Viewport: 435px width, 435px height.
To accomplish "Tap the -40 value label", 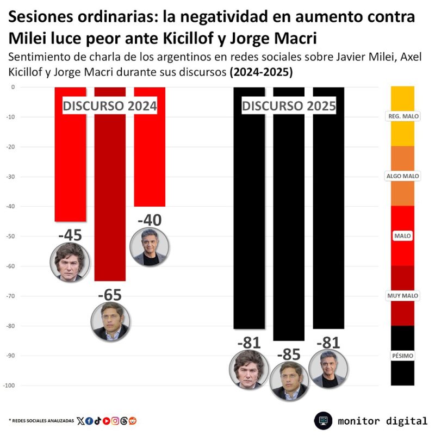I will click(x=150, y=220).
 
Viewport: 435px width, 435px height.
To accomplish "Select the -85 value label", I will click(x=289, y=355).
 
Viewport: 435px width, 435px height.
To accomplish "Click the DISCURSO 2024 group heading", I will click(x=110, y=106).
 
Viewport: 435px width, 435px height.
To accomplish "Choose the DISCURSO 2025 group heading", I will click(x=289, y=106).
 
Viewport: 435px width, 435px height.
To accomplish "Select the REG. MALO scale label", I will click(x=402, y=116).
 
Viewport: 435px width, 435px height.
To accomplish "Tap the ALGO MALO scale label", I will click(x=402, y=176).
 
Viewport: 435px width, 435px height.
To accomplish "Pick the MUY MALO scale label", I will click(x=402, y=296).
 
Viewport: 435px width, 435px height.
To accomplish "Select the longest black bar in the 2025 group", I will click(x=289, y=217).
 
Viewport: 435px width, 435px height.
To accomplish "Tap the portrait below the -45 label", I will click(x=70, y=262).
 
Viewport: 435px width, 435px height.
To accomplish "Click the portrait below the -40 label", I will click(x=150, y=246).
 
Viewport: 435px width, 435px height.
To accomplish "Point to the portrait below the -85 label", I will click(x=289, y=381).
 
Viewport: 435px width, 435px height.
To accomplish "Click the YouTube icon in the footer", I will click(x=106, y=420).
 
